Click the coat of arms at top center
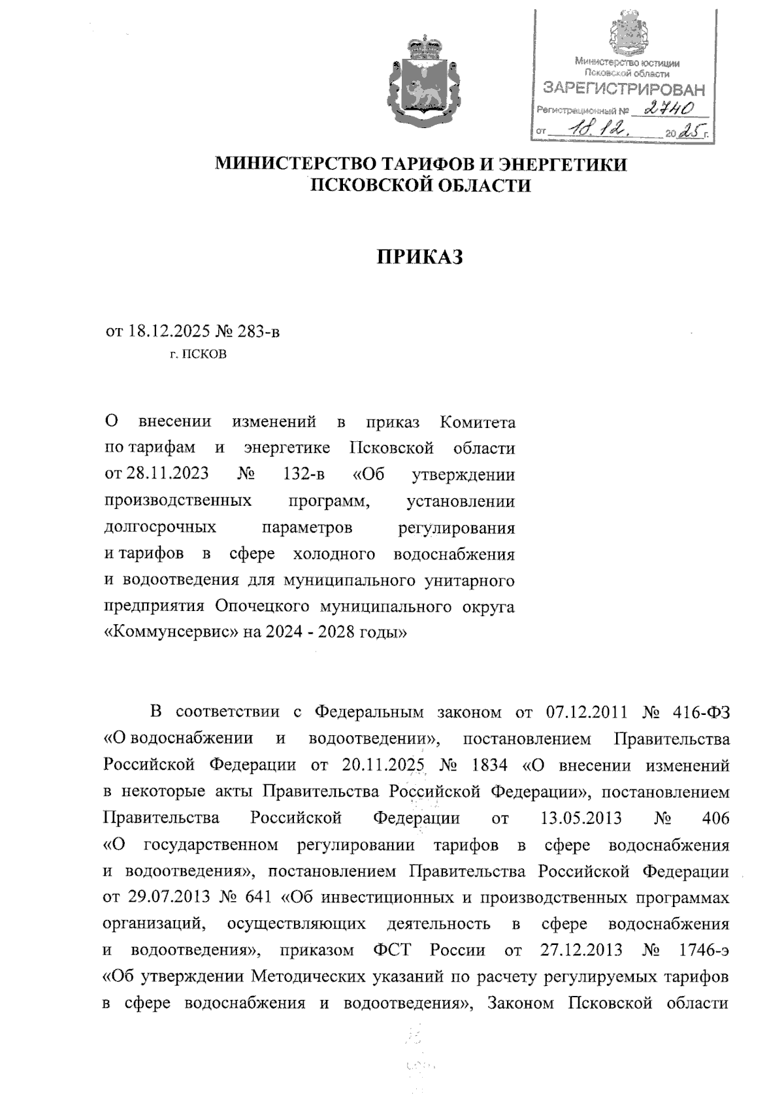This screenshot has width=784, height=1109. (420, 84)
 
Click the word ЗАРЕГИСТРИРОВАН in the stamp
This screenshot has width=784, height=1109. (625, 88)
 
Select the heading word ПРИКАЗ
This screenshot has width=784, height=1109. (420, 257)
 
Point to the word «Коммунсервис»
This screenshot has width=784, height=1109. (172, 633)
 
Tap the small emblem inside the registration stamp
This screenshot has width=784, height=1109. (627, 35)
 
